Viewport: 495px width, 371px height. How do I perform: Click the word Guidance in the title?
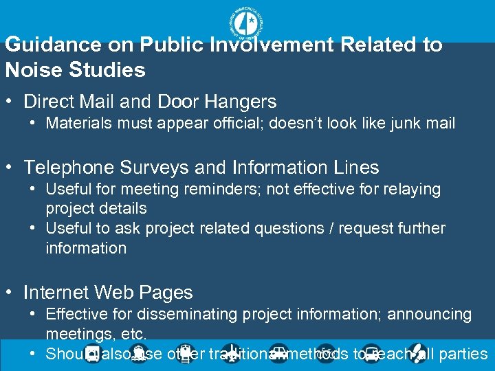pos(47,45)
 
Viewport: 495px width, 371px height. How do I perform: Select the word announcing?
pos(430,315)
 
